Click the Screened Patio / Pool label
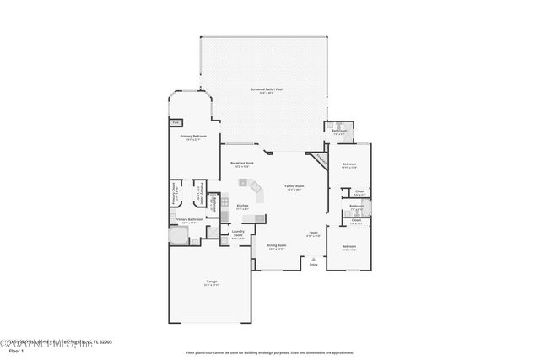(x=267, y=89)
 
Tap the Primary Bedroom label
(x=193, y=137)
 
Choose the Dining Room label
(x=278, y=247)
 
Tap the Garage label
(x=211, y=282)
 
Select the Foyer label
(x=312, y=233)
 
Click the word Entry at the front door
(x=314, y=265)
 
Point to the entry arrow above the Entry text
(x=314, y=258)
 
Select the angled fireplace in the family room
(x=319, y=158)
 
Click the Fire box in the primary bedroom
(x=175, y=122)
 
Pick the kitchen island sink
(x=243, y=183)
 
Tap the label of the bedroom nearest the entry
(x=348, y=247)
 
